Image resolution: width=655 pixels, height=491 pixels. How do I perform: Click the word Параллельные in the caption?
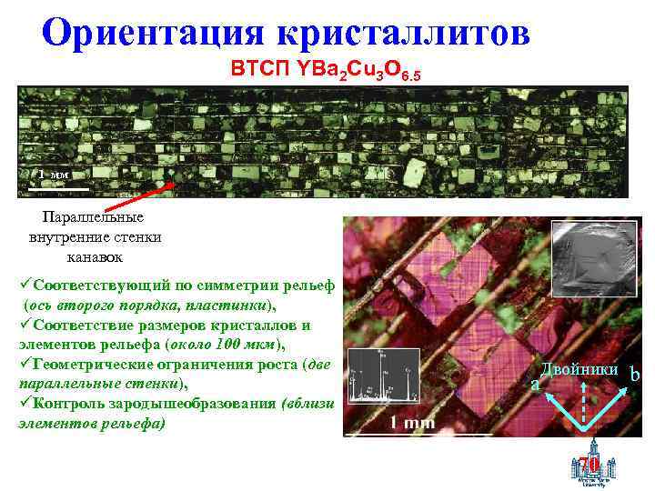pos(94,217)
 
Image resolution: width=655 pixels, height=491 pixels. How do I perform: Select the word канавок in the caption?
pos(94,257)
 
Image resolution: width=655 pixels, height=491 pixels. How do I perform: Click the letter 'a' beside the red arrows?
pos(535,386)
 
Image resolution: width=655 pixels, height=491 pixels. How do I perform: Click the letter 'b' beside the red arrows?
pos(635,375)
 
